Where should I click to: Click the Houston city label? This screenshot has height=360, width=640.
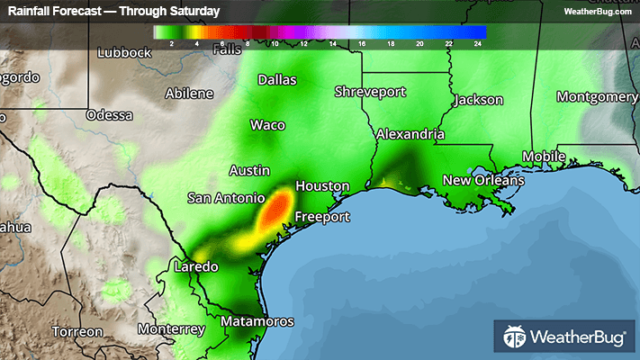tap(322, 186)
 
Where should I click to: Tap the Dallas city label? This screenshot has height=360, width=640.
tap(276, 80)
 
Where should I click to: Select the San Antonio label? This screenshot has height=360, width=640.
tap(226, 197)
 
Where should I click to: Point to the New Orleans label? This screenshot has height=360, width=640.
tap(482, 181)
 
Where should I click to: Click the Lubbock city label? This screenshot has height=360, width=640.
tap(124, 52)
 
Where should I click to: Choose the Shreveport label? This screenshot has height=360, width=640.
tap(370, 92)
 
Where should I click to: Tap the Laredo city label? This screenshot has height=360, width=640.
tap(195, 267)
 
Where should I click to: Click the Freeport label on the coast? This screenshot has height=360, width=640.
tap(323, 218)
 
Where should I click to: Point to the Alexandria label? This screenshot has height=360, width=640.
tap(410, 134)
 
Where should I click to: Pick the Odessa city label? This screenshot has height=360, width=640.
tap(109, 115)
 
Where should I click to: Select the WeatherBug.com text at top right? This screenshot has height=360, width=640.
tap(596, 12)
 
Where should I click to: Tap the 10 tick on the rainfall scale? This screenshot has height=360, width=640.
tap(275, 42)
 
